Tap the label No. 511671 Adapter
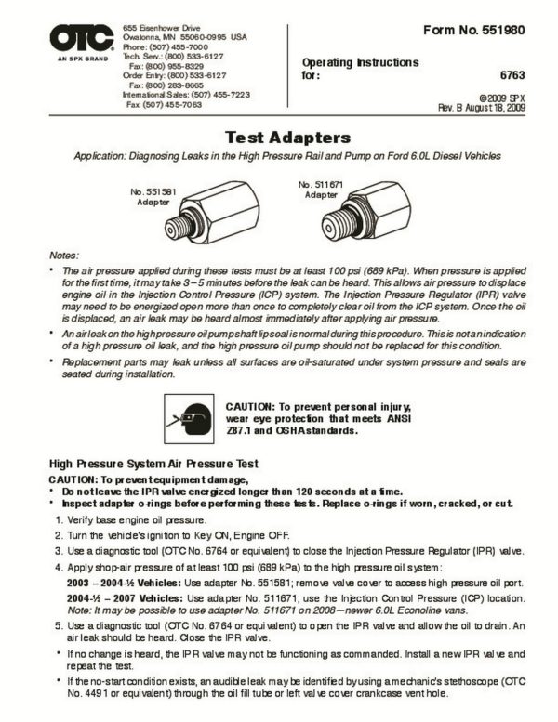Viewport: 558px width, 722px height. coord(319,190)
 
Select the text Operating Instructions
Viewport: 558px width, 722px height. coord(360,62)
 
